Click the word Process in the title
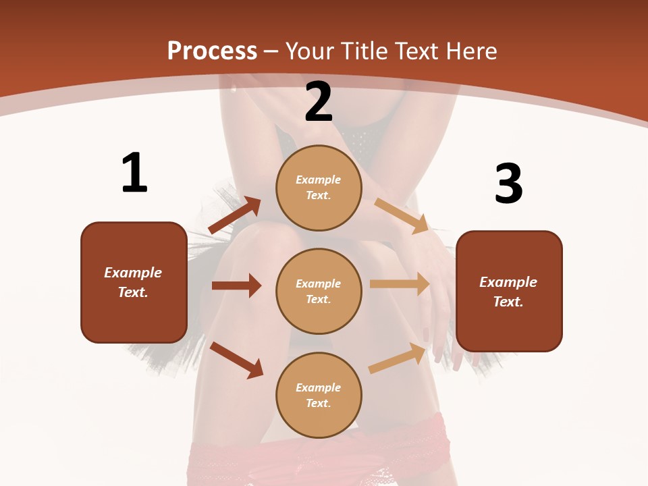[212, 51]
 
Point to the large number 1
[134, 173]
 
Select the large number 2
[319, 103]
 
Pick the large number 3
[508, 184]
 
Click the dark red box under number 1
[134, 282]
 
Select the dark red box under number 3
[509, 291]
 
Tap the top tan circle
[319, 188]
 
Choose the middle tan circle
[319, 291]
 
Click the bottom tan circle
[319, 395]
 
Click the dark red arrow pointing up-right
[235, 215]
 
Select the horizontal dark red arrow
[236, 286]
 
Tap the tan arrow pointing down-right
[402, 216]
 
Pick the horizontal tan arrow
[400, 284]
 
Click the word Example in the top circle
[319, 180]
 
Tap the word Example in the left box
[133, 273]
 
